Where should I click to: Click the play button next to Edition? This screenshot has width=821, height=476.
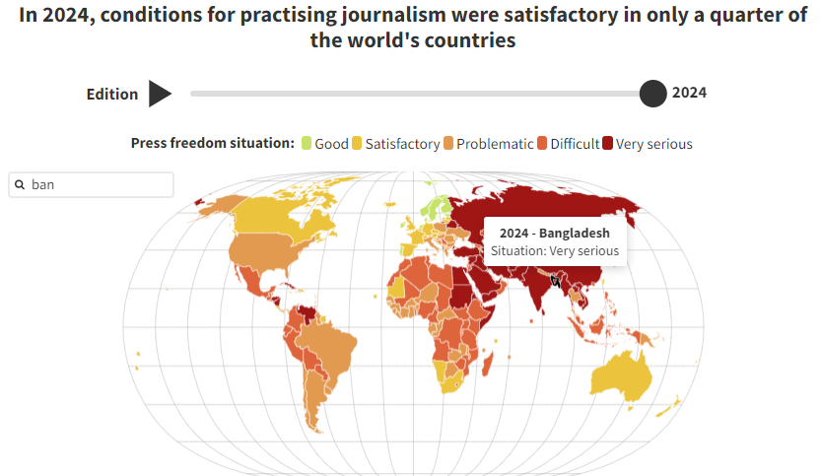click(160, 94)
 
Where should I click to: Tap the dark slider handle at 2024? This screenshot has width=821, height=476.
click(652, 94)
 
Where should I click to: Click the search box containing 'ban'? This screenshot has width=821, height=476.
click(99, 184)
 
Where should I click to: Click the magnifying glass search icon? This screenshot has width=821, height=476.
click(20, 184)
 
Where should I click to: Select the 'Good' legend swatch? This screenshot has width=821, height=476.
click(307, 144)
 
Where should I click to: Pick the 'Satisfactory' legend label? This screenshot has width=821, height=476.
click(402, 144)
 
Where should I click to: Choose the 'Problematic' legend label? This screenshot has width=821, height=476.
click(495, 144)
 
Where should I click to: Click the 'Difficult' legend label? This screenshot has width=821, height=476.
click(575, 144)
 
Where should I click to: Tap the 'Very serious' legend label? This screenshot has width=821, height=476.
click(654, 144)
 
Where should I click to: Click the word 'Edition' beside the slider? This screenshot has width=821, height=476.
click(112, 95)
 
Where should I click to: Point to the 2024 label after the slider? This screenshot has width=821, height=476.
click(689, 94)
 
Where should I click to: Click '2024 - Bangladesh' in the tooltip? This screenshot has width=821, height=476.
click(555, 234)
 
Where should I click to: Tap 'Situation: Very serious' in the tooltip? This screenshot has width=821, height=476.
click(555, 251)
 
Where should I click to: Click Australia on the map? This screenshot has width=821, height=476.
click(620, 375)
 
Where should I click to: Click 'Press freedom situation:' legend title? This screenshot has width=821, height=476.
click(213, 144)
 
